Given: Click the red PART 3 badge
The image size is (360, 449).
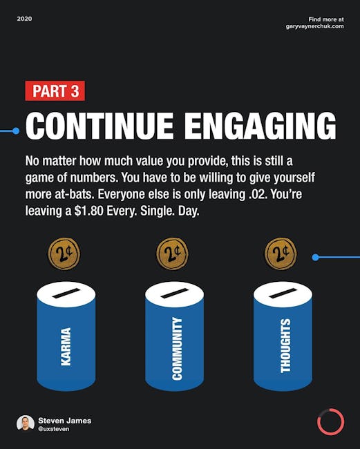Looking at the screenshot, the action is pos(55,90).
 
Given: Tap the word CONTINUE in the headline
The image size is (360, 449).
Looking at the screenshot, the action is pos(100,126).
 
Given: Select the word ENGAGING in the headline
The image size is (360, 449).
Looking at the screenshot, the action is pos(260,126).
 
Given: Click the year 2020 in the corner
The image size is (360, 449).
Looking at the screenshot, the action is pos(24,19).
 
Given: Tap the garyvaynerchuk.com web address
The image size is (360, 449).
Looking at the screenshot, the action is pos(315,26).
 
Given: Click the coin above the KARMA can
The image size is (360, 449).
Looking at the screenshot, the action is pos(64,254).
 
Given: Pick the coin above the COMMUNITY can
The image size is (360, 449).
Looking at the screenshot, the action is pos(173,254).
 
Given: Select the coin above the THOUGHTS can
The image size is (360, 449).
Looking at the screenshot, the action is pos(281,254).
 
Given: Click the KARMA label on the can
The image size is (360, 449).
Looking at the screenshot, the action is pos(66,347).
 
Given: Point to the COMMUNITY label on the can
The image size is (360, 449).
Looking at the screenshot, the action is pos(177,348).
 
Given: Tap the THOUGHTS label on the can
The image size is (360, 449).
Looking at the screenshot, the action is pos(285,346).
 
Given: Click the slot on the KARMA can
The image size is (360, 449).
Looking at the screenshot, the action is pos(66,293).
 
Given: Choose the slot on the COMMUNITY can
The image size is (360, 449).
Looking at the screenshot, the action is pos(175,293).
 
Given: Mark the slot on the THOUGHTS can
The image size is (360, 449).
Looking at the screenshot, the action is pos(283,293).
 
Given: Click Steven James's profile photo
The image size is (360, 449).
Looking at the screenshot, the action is pos(26,423).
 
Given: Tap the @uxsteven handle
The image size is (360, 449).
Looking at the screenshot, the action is pos(54,429).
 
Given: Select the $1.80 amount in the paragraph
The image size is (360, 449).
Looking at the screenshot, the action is pos(88,211).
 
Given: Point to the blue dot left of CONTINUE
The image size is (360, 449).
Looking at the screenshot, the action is pos(16,131).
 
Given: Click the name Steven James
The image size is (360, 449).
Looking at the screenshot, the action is pos(65,421).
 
